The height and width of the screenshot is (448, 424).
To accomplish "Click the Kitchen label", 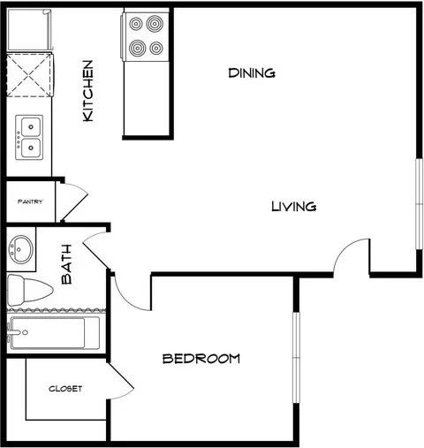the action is (88, 91).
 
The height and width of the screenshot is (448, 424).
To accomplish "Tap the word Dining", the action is (252, 72).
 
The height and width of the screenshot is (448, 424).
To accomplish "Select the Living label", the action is (293, 206).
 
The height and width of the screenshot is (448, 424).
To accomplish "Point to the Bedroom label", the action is (201, 359).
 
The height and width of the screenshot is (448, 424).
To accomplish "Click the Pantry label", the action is (30, 201).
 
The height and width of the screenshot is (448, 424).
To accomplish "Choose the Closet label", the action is (65, 389).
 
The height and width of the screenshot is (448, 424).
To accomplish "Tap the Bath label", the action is (67, 264).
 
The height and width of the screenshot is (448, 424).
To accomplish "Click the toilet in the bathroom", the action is (29, 290).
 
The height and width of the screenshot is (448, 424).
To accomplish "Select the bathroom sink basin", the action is (20, 249).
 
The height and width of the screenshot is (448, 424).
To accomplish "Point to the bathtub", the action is (54, 333).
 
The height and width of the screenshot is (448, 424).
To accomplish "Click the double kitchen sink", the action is (29, 138).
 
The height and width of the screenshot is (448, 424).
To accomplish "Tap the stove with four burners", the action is (145, 36).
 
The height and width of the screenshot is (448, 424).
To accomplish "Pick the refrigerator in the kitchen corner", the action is (29, 30).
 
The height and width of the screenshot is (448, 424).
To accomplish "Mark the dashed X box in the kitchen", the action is (30, 75).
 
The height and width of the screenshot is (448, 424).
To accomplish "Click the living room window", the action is (419, 204).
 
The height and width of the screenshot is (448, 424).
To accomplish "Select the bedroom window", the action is (296, 358).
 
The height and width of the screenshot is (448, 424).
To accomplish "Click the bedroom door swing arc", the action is (125, 298).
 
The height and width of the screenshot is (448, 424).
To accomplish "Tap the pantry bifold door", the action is (73, 202).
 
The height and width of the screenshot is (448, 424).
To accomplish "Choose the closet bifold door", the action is (121, 381).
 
